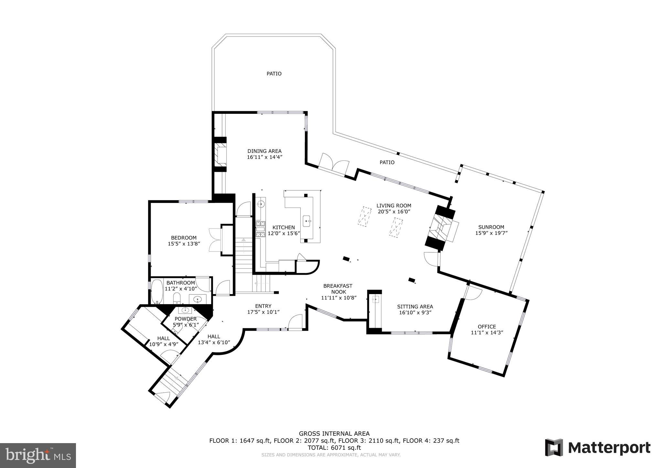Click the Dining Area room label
(x=264, y=151)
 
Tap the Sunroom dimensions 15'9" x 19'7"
(x=491, y=233)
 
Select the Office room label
(x=486, y=327)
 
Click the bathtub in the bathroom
(x=157, y=292)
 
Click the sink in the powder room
(x=185, y=311)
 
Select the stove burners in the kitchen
(x=261, y=229)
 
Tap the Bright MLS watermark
(x=38, y=455)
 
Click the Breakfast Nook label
(x=338, y=289)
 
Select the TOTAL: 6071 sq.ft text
(x=334, y=448)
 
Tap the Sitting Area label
(x=415, y=307)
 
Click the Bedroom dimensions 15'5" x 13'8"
(x=184, y=244)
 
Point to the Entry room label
(x=263, y=306)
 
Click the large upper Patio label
(x=274, y=74)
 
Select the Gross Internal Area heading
(x=334, y=433)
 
